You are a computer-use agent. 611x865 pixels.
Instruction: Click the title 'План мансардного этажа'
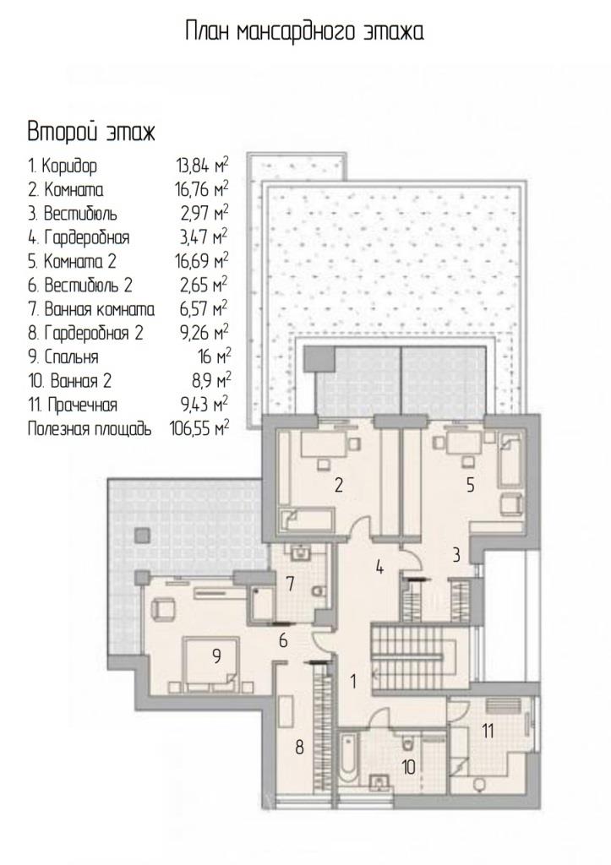point(304,32)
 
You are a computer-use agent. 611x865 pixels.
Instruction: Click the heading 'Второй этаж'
point(91,133)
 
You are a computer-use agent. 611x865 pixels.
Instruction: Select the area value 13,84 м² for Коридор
point(202,165)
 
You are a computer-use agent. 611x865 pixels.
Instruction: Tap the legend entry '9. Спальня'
point(63,357)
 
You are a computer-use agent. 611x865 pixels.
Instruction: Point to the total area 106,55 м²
point(199,428)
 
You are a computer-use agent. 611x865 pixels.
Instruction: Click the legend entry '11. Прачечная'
point(73,405)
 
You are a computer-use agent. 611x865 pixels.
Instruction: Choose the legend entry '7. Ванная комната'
point(91,309)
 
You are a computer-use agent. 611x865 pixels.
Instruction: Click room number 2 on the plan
point(339,485)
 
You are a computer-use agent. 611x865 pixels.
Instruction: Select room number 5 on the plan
point(470,485)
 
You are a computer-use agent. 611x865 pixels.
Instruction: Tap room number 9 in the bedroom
point(216,656)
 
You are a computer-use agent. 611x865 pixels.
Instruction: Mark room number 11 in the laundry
point(488,732)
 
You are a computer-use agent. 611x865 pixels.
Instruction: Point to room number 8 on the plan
point(300,748)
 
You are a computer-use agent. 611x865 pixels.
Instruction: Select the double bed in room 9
point(210,664)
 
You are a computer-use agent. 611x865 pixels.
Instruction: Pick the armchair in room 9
point(163,610)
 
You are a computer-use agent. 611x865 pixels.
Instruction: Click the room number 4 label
point(379,567)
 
